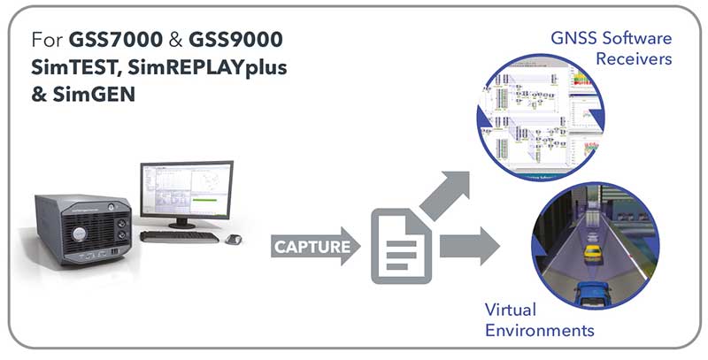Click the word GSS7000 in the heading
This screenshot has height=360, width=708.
(x=109, y=41)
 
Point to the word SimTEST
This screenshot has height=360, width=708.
(x=70, y=66)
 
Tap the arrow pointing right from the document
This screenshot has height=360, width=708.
(x=467, y=245)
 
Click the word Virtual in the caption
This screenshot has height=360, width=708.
(x=513, y=310)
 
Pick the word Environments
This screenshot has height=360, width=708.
(x=539, y=331)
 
